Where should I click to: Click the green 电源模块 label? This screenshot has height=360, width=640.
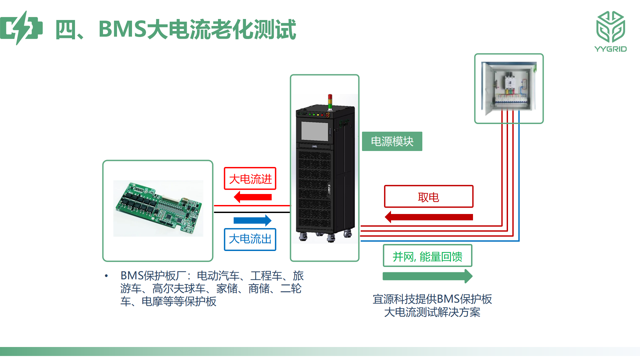(x=392, y=141)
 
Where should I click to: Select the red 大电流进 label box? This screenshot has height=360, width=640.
(x=250, y=179)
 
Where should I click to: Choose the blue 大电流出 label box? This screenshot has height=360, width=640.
(x=250, y=239)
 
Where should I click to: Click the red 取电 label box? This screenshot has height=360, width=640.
(x=429, y=197)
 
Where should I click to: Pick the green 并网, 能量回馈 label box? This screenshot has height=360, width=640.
(x=428, y=256)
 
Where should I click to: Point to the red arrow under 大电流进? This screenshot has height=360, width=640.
(x=253, y=197)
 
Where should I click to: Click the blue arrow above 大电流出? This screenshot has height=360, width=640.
(x=253, y=220)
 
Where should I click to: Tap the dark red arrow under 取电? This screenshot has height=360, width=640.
(x=429, y=217)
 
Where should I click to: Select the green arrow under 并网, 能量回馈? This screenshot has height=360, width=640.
(x=428, y=276)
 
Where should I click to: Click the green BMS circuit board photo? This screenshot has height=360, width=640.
(x=158, y=208)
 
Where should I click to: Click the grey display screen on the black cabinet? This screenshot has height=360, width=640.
(x=315, y=131)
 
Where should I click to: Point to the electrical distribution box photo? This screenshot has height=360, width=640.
(x=509, y=88)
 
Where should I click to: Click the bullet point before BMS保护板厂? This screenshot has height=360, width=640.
(x=106, y=276)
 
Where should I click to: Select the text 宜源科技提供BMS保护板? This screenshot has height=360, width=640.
(x=432, y=299)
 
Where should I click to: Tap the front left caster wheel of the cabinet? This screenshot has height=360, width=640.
(x=303, y=237)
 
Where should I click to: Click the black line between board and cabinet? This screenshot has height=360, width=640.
(x=252, y=212)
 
